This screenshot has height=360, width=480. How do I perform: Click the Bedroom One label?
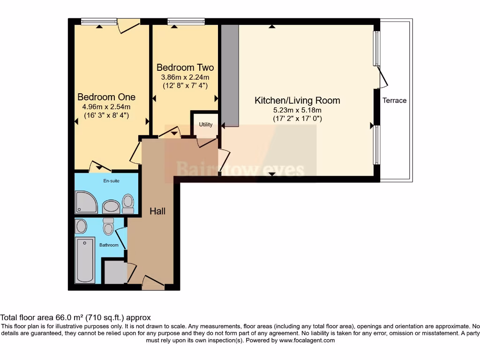click(106, 97)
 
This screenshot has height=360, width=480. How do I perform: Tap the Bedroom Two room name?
click(185, 67)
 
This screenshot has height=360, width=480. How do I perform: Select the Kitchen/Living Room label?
click(297, 100)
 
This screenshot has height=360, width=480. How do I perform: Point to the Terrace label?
click(394, 100)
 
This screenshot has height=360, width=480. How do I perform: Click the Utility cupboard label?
click(205, 125)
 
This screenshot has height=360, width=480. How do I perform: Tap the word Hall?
click(157, 211)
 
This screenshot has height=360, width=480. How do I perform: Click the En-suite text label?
click(111, 181)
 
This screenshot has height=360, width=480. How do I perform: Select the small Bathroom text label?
click(108, 245)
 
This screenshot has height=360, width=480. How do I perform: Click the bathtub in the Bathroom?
click(85, 260)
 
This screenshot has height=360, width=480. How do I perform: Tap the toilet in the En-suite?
click(128, 203)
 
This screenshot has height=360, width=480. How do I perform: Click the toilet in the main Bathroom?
click(108, 226)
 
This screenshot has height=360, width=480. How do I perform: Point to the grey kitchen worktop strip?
click(230, 75)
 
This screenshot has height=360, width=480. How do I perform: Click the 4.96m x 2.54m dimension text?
click(106, 106)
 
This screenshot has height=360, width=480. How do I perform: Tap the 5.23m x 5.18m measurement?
click(297, 110)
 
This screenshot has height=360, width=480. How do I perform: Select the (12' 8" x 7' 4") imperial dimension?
click(185, 85)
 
